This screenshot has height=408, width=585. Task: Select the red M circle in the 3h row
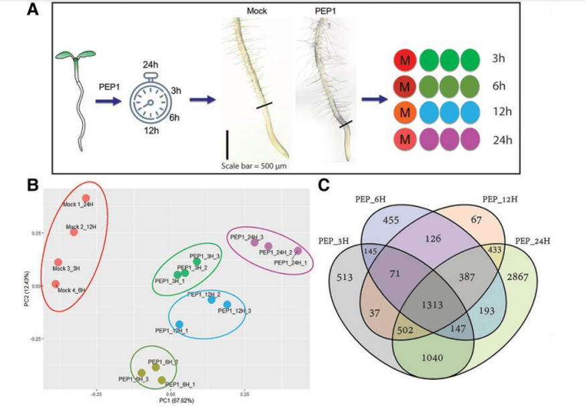coord(405,58)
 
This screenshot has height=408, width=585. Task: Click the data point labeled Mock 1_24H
coord(86,198)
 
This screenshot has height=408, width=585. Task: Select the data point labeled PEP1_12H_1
coord(179,324)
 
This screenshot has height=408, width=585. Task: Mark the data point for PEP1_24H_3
coord(254,242)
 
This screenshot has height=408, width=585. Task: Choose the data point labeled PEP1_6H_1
coord(161,380)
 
